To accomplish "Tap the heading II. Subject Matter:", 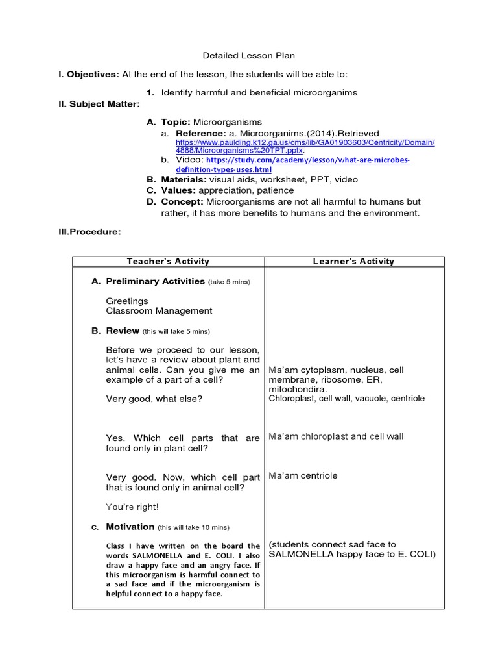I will pos(99,104).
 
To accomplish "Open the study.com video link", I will pos(307,164).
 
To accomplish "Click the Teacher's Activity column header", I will pos(168,262).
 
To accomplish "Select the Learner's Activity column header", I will pos(353,262).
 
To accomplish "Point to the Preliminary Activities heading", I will pos(155,281).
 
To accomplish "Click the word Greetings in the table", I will pos(127,301).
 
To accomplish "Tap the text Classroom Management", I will pos(159,311).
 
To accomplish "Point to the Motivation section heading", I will pos(130,527).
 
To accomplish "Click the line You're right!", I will pos(132,507).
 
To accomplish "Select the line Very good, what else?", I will pos(154,399).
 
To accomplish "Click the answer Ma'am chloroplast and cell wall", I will pos(336,436).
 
